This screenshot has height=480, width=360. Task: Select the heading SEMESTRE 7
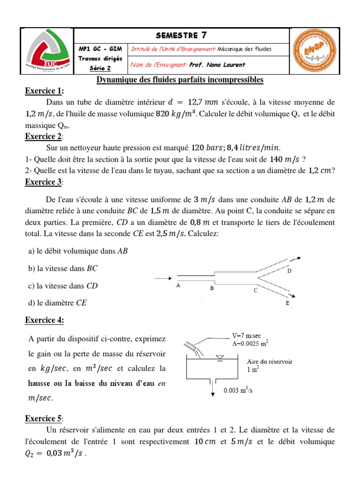coord(181,35)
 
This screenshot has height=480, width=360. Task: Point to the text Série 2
coord(100,68)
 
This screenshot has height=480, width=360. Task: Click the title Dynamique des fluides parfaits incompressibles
coord(180,80)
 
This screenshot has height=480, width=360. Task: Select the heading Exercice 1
coord(45,91)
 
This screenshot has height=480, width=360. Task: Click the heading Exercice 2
coord(45,136)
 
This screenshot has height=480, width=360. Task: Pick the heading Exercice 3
coord(45,181)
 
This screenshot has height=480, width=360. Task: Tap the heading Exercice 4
coord(45,320)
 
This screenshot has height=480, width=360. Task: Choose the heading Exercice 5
coord(45,419)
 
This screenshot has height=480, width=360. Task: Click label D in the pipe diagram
coord(289,271)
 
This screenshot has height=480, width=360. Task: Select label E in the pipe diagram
coord(287,304)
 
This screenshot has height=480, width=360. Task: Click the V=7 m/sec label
coord(248,336)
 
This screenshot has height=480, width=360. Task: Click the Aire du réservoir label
coord(270,361)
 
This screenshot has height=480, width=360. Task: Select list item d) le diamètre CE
coord(58,303)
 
